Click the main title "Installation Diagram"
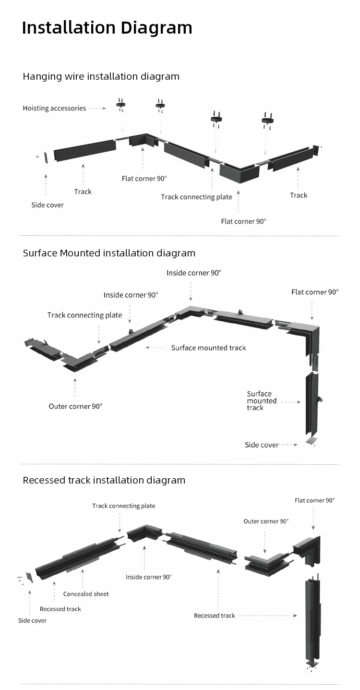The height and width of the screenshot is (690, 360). tap(107, 28)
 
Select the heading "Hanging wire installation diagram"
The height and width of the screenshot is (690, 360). tap(101, 76)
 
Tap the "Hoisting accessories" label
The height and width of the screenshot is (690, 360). tap(54, 109)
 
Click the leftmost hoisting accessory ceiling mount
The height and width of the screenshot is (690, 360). tap(120, 104)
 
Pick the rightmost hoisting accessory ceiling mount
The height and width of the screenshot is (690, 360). tap(267, 118)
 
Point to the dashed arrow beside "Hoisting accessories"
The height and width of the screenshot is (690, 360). tap(97, 109)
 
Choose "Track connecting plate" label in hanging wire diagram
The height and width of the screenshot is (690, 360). tap(196, 197)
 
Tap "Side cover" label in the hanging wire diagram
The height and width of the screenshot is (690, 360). tap(48, 205)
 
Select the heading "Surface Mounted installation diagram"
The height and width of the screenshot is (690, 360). tap(109, 253)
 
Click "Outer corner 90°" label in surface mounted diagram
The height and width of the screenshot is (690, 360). tap(75, 406)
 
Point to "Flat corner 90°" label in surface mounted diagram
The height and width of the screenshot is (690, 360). tap(315, 292)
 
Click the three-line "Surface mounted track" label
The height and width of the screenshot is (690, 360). tap(262, 400)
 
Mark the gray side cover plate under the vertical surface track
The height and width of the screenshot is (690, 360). tap(311, 440)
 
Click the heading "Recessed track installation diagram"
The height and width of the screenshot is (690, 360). tap(104, 480)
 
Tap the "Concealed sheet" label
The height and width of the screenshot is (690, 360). tap(86, 594)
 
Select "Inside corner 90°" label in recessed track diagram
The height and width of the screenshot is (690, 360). tap(148, 577)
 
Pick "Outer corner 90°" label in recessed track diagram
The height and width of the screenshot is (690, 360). tap(266, 521)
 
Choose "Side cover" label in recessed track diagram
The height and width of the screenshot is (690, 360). tap(33, 620)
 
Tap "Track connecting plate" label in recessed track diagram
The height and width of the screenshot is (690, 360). tap(124, 506)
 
